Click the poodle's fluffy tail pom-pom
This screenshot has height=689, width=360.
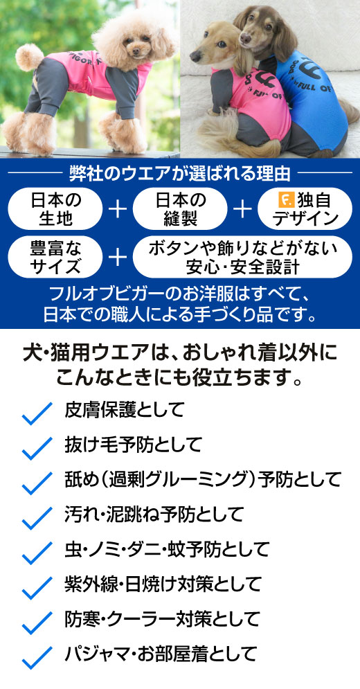[x=29, y=57]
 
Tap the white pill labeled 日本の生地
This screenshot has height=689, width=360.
[x=55, y=208]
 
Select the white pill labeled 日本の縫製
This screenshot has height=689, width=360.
[x=180, y=208]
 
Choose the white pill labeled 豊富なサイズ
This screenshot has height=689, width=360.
[x=55, y=257]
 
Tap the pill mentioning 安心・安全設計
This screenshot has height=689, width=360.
[x=242, y=257]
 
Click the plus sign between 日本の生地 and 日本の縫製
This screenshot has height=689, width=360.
[x=118, y=209]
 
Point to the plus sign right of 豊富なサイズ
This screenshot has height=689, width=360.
[x=118, y=258]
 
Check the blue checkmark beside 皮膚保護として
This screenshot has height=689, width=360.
[x=37, y=413]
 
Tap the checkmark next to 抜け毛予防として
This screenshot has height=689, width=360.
[x=37, y=448]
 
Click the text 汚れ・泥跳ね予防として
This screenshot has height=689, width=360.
[x=154, y=514]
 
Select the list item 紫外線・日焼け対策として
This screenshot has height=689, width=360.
[x=163, y=584]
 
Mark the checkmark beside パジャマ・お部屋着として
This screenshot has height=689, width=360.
[x=37, y=657]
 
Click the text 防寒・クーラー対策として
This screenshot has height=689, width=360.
[x=162, y=619]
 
